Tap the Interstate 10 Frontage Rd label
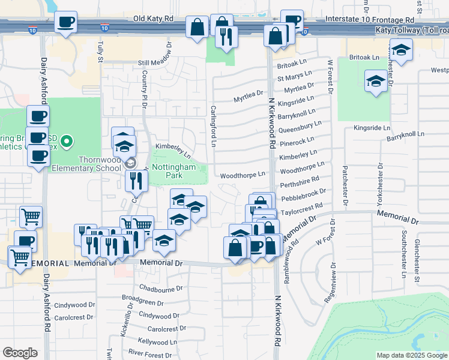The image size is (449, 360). coord(366,19)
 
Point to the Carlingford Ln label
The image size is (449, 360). coord(213,125)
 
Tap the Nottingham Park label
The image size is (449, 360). coord(173,171)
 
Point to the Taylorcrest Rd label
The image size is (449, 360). coord(306,208)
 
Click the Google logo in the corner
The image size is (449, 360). coord(20,353)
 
